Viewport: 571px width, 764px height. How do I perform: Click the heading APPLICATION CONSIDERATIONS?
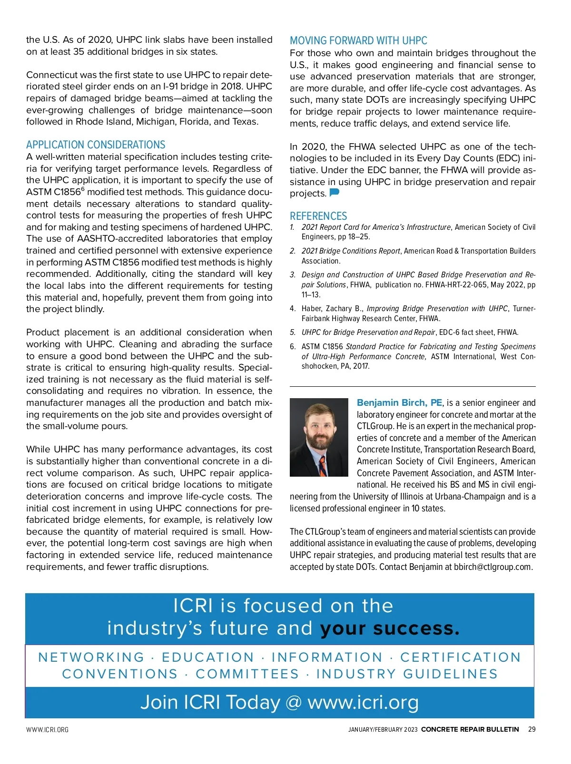point(96,145)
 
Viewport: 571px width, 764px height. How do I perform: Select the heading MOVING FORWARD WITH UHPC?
point(358,40)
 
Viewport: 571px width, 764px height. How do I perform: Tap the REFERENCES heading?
point(318,216)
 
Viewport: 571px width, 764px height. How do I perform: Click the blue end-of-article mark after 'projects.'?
point(335,193)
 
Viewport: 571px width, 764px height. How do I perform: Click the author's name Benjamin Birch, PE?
point(399,403)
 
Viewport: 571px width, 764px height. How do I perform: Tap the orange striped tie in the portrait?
point(323,466)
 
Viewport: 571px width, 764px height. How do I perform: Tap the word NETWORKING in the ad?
point(91,657)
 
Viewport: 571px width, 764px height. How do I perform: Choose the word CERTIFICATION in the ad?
point(461,657)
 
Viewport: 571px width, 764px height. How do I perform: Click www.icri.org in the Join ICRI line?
point(363,703)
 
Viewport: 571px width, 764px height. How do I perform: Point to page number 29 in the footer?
point(532,729)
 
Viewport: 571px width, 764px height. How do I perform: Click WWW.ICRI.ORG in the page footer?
point(47,730)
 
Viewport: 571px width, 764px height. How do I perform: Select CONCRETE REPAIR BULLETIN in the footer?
point(470,729)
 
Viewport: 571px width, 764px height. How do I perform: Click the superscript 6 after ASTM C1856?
point(83,189)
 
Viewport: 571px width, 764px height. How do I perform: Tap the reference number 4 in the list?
point(293,308)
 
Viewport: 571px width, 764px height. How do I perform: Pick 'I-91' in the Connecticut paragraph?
point(173,87)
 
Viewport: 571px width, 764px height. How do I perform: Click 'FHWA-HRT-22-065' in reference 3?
point(457,284)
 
